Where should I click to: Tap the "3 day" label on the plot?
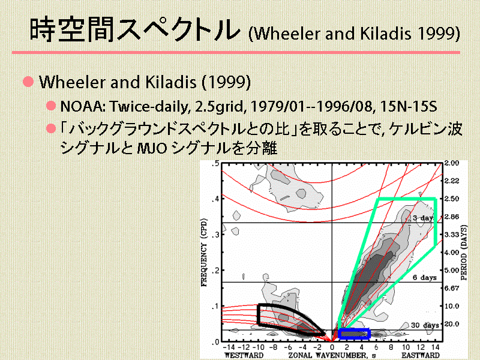coord(423,218)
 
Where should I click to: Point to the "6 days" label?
coord(424,277)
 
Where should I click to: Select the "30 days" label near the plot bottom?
coord(425,325)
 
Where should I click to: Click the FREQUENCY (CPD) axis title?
coord(204,252)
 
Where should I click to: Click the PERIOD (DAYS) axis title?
coord(464,253)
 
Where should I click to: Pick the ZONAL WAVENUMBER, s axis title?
coord(332,355)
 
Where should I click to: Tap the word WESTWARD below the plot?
coord(244,355)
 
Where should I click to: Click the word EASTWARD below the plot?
coord(421,355)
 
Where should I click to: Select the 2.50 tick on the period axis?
coord(452,199)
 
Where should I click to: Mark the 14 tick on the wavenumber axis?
coord(436,347)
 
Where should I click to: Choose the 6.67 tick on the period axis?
coord(452,288)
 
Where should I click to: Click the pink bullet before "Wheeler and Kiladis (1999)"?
coord(28,82)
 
